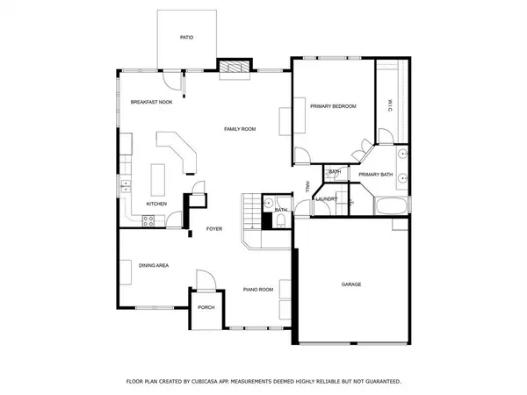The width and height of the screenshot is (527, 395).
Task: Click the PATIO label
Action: tap(186, 38)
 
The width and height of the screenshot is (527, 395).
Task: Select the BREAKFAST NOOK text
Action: tap(151, 103)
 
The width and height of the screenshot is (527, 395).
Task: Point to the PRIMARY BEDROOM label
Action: tap(333, 106)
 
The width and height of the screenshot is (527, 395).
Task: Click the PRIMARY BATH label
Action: tap(375, 174)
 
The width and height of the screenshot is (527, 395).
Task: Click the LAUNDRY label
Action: tap(338, 199)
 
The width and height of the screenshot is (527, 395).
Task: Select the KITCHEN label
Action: tap(156, 204)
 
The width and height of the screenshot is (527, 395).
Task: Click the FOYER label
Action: tap(213, 229)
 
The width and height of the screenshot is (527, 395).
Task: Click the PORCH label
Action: tap(206, 307)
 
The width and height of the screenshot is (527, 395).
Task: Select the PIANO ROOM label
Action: tap(258, 289)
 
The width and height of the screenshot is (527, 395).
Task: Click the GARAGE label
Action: tap(351, 284)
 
